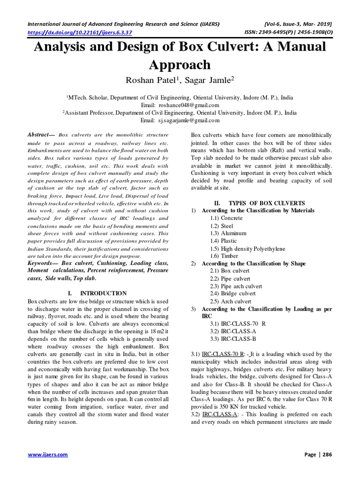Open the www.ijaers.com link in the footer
[48, 455]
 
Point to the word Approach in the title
[180, 64]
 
